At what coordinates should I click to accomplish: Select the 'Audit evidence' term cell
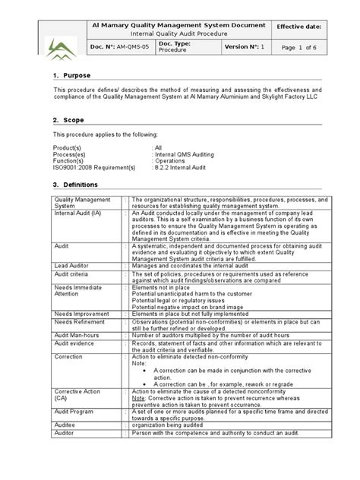coord(74,343)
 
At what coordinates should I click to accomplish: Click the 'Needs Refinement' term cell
coord(78,321)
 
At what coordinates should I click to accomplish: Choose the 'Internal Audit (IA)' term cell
coord(77,213)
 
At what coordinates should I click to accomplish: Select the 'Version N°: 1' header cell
coord(245,47)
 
